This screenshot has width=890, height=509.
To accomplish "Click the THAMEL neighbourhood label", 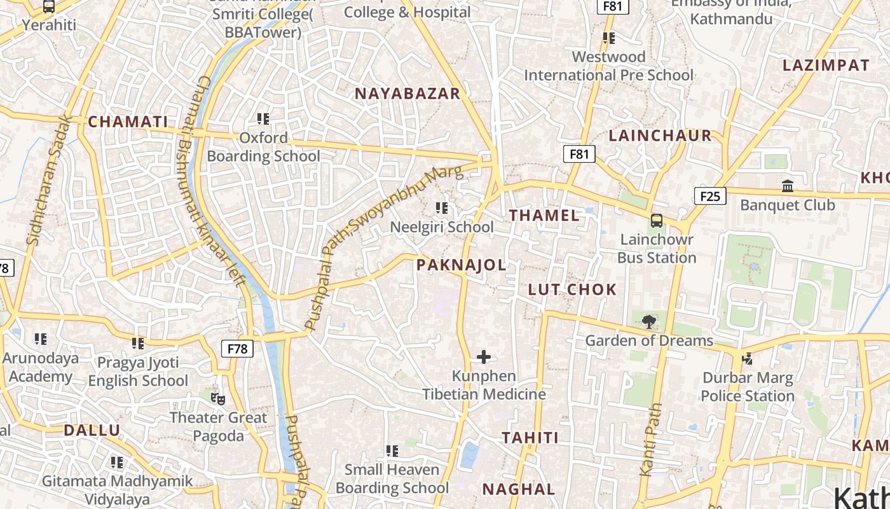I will pos(544,216).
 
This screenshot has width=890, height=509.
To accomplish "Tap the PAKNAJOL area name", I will pos(462,265).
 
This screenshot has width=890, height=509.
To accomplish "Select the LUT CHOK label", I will pos(572,290).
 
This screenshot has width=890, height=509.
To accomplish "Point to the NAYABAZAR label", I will pos(407,94).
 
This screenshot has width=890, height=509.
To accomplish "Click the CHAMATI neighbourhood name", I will pos(128,122).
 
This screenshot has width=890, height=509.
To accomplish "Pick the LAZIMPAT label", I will pos(826,66).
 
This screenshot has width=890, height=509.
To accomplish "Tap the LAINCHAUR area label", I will pos(660,136).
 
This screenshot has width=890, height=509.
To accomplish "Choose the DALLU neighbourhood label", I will pos(92,431).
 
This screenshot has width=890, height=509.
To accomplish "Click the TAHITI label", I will pos(530,438).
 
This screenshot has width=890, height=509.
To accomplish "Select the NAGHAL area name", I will pos(519,490).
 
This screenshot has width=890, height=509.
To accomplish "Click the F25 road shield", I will pos(709,196).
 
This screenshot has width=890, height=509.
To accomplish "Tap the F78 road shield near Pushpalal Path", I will pos(237,349).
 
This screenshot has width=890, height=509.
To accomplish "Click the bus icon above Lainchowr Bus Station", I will pos(657,221).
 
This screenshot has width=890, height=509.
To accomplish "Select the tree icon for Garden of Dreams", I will pos(649,322).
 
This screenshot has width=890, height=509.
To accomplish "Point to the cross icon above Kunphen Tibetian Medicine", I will pos(484,357).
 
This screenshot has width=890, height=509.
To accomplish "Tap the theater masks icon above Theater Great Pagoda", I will pos(218,399).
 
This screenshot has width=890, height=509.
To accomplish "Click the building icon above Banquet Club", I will pos(788,186).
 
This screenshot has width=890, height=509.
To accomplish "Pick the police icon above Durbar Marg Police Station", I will pos(748,359).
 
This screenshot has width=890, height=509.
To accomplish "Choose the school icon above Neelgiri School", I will pos(442,208).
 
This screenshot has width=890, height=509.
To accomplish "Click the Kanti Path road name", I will pos(652,440).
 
